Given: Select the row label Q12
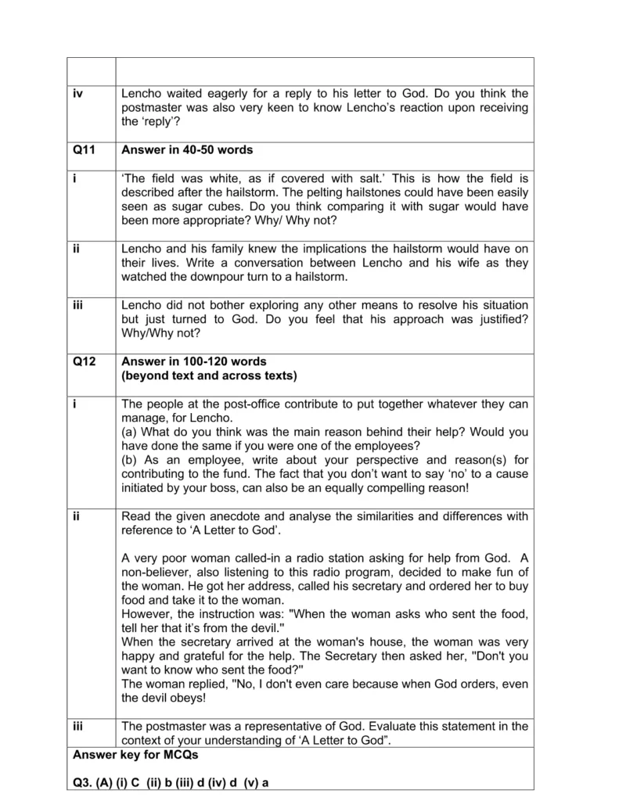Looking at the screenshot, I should tap(83, 361).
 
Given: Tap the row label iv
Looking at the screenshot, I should tap(77, 94).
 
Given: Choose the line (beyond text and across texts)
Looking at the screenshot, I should tap(209, 375).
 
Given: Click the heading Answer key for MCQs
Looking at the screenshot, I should tap(135, 755).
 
